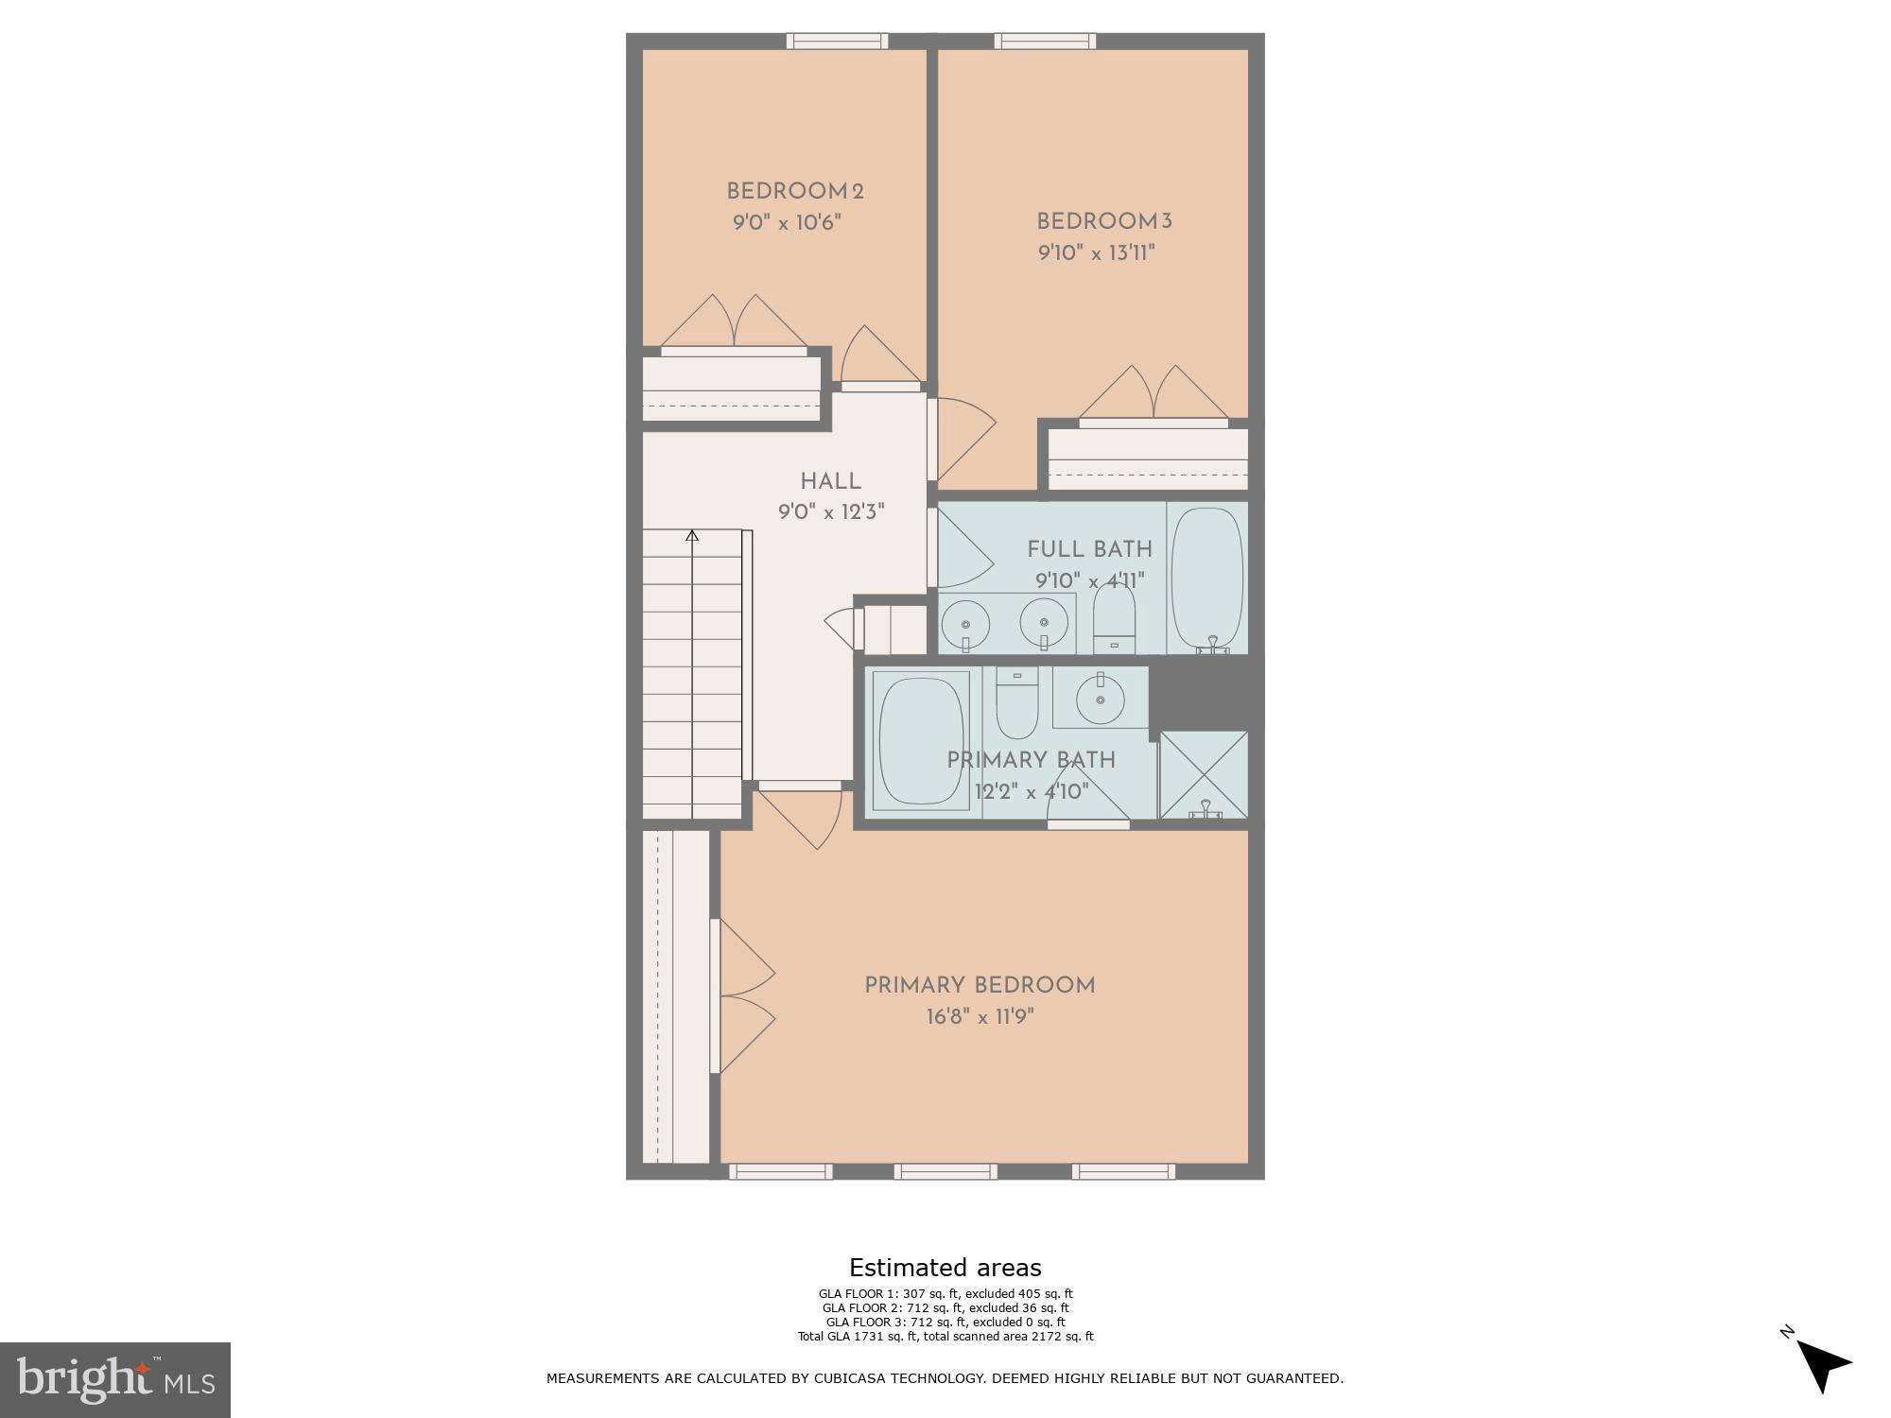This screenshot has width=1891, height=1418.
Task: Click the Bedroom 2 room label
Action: [x=794, y=192]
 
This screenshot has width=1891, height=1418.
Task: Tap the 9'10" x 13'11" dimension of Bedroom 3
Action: [x=1096, y=253]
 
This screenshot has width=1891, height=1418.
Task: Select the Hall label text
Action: [x=830, y=481]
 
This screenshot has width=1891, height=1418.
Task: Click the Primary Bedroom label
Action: [x=980, y=986]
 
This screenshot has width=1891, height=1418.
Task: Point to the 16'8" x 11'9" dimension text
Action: [x=980, y=1017]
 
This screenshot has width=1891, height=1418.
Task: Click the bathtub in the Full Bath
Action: [x=1206, y=577]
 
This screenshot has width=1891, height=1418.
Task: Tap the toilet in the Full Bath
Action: [x=1114, y=619]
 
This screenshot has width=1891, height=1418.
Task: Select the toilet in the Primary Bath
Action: [x=1017, y=703]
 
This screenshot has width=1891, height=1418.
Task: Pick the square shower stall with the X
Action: [x=1204, y=774]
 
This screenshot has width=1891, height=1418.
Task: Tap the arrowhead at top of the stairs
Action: [x=692, y=536]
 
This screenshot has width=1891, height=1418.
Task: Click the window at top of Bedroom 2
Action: [x=837, y=42]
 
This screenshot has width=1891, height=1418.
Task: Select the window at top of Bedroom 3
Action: [x=1045, y=42]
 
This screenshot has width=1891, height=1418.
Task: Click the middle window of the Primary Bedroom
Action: [x=945, y=1172]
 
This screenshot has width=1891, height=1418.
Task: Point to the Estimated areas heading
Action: [x=945, y=1268]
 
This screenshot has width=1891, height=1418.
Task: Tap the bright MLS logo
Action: [x=114, y=1379]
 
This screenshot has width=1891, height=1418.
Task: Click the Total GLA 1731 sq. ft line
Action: [x=945, y=1337]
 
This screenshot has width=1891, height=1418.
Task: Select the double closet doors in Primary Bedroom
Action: [x=745, y=996]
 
